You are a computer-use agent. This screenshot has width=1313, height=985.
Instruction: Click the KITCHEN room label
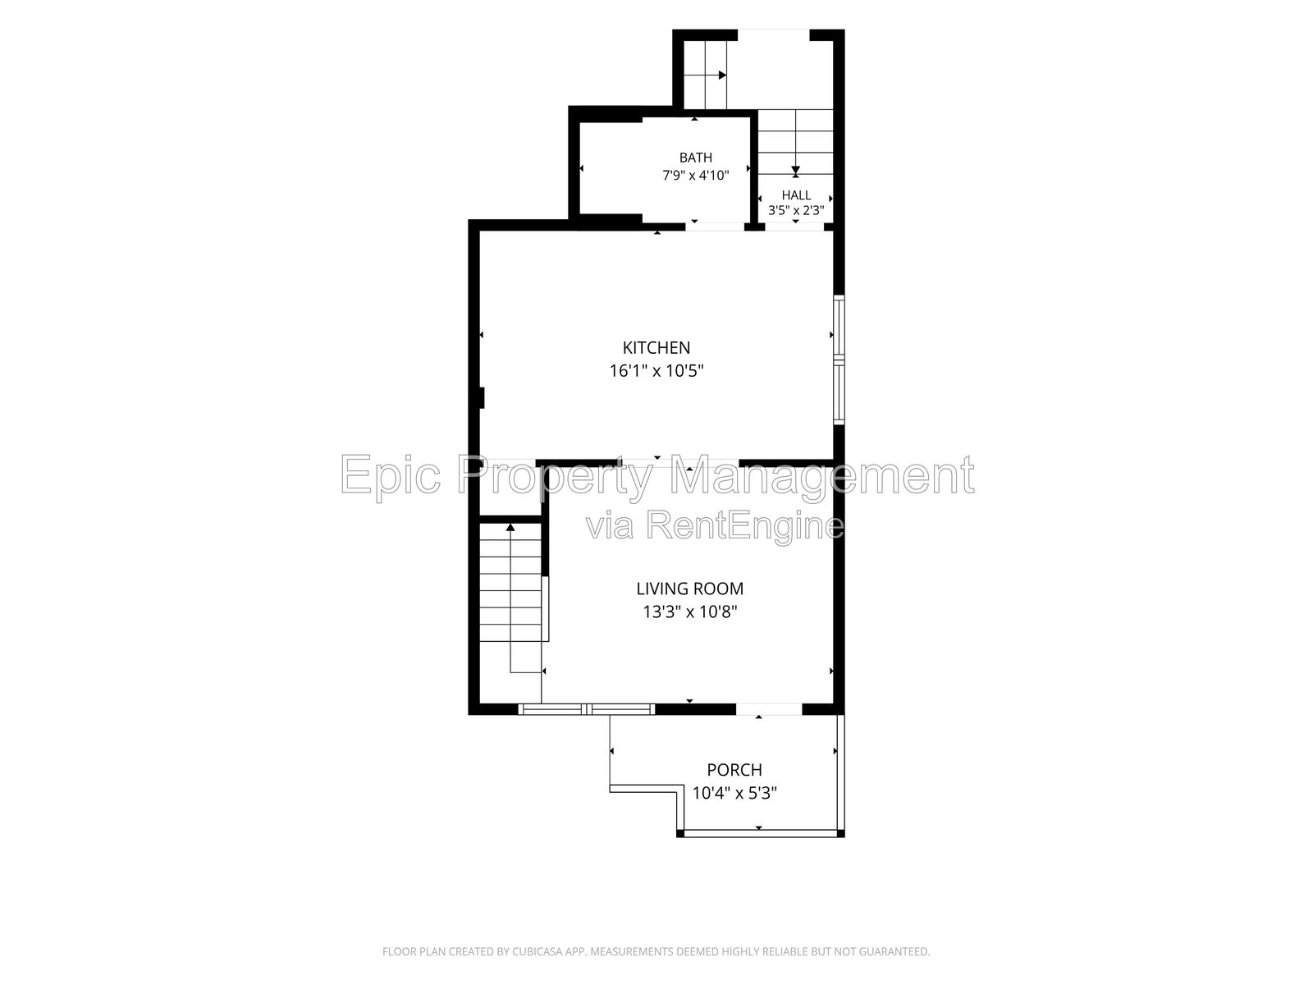(656, 347)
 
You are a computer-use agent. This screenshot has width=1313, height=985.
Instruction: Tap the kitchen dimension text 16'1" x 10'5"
(656, 371)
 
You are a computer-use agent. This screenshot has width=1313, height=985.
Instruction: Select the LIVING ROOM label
(689, 589)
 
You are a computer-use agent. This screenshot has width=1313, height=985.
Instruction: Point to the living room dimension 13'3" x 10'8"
(689, 612)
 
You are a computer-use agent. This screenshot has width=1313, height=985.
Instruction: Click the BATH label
(696, 158)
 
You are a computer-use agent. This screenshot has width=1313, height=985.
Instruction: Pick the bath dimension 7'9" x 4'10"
(696, 175)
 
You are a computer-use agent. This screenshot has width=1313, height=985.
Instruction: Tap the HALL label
(796, 195)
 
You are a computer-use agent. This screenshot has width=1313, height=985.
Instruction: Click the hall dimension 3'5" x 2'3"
(796, 210)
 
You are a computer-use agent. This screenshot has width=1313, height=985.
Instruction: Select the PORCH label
(734, 770)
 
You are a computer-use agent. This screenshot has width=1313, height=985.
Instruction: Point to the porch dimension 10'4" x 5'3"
(734, 793)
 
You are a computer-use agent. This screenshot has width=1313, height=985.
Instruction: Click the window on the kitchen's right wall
(839, 360)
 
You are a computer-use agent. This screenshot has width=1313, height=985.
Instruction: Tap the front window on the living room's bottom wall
(586, 709)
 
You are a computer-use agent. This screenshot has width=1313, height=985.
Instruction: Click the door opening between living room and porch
(769, 709)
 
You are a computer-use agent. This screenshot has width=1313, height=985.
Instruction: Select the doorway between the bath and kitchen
(715, 226)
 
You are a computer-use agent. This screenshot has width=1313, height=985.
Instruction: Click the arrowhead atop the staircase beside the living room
(510, 528)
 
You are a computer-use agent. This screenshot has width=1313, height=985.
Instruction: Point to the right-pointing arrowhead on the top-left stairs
(723, 76)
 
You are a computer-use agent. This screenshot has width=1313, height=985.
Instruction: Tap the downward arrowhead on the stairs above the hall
(795, 170)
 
